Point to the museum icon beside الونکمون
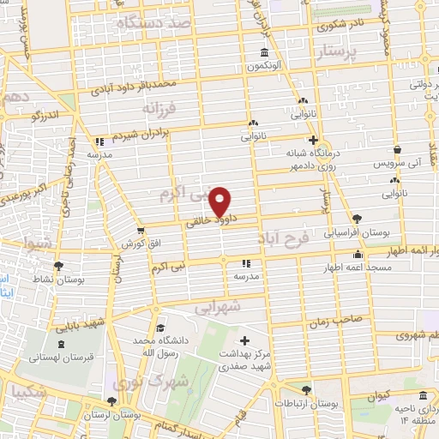click(262, 52)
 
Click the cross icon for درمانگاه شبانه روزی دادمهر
click(313, 139)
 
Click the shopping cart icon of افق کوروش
click(141, 230)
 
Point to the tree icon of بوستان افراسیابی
click(357, 219)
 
